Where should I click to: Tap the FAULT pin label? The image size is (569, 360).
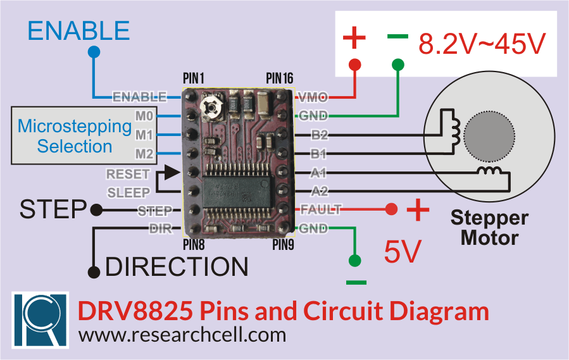[x=321, y=209]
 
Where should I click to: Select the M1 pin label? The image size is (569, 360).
[x=144, y=135]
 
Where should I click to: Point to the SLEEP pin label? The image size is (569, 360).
[x=128, y=192]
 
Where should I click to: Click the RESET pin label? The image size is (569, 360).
[x=128, y=174]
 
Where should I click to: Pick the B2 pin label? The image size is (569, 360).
[x=319, y=135]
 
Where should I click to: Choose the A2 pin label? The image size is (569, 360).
[x=319, y=191]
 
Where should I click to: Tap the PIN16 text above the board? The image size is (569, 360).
[x=279, y=78]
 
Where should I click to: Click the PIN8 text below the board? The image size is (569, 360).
[x=194, y=245]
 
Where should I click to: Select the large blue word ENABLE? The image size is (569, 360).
[x=78, y=30]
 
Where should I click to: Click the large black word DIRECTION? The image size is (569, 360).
[x=177, y=267]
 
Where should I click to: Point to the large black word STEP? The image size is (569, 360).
[x=53, y=209]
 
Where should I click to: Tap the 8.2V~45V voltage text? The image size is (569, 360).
[x=481, y=44]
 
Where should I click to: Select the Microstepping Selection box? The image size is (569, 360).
[x=74, y=137]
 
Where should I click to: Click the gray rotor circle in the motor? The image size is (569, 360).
[x=489, y=135]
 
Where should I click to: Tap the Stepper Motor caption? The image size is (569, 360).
[x=489, y=228]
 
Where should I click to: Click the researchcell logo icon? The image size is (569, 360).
[x=41, y=320]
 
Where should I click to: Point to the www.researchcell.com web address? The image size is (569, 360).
[x=182, y=334]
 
